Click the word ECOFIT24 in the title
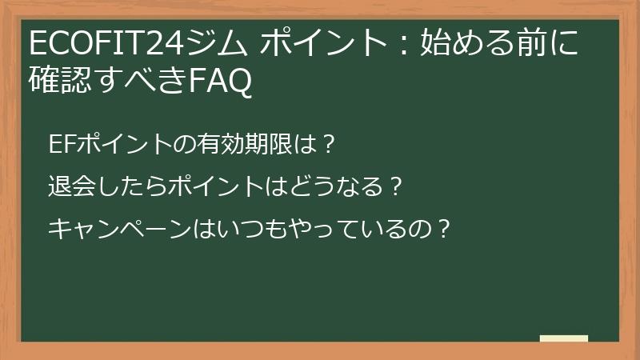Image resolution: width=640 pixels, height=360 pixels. click(104, 42)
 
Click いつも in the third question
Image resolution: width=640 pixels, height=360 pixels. click(251, 229)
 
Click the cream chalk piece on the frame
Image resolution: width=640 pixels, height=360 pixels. click(563, 338)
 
